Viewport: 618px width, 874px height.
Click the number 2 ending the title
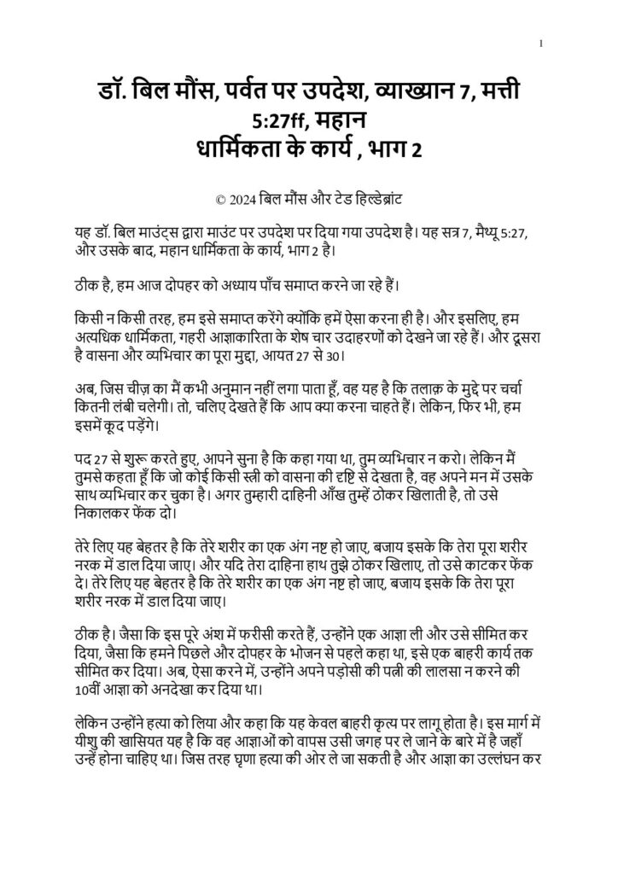[416, 152]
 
